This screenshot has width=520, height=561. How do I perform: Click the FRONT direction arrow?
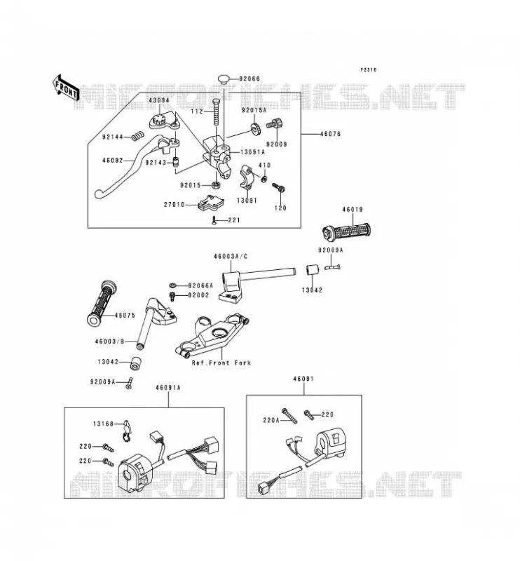(66, 88)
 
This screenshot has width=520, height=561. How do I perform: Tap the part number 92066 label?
(249, 79)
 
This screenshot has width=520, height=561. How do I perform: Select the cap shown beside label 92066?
(224, 79)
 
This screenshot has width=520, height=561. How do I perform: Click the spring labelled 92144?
(138, 136)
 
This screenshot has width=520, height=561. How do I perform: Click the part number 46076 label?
(330, 134)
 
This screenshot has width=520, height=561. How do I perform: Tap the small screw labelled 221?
(214, 221)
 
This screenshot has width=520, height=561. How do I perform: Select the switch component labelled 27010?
(211, 203)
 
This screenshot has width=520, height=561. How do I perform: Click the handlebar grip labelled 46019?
(346, 231)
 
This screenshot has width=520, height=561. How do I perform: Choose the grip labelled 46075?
(102, 303)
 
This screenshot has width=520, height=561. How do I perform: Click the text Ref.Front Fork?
(221, 363)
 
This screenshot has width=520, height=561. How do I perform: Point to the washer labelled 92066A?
(172, 285)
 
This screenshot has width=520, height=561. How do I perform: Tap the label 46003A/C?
(231, 256)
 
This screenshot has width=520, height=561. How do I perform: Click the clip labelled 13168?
(127, 431)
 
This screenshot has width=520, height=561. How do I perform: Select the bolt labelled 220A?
(289, 416)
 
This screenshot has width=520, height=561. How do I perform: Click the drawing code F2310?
(369, 69)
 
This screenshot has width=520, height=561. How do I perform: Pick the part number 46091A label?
(168, 388)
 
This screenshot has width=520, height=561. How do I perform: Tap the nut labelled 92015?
(216, 185)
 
